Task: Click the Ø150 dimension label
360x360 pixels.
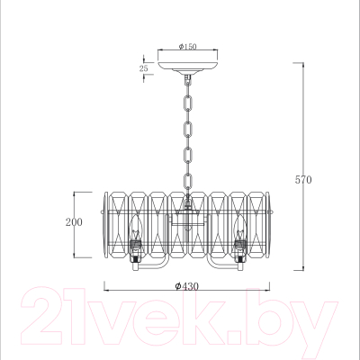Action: click(188, 47)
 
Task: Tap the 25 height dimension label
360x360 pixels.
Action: click(144, 68)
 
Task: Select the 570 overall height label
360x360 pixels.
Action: click(303, 180)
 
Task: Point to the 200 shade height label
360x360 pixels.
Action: click(74, 222)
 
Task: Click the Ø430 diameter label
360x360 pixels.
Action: click(187, 286)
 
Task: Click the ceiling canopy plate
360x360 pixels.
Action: click(188, 65)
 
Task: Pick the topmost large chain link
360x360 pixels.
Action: click(188, 103)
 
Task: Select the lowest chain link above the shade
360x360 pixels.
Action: click(188, 182)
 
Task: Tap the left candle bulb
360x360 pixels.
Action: click(137, 228)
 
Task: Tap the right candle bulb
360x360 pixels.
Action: click(240, 228)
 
